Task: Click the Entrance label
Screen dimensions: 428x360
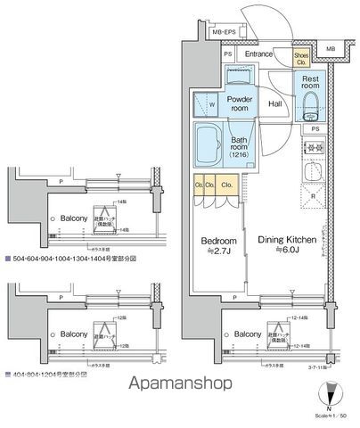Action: (258, 54)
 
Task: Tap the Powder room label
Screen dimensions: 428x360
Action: (239, 103)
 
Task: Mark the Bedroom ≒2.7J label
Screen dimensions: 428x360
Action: (217, 246)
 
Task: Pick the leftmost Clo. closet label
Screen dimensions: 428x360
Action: (199, 185)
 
